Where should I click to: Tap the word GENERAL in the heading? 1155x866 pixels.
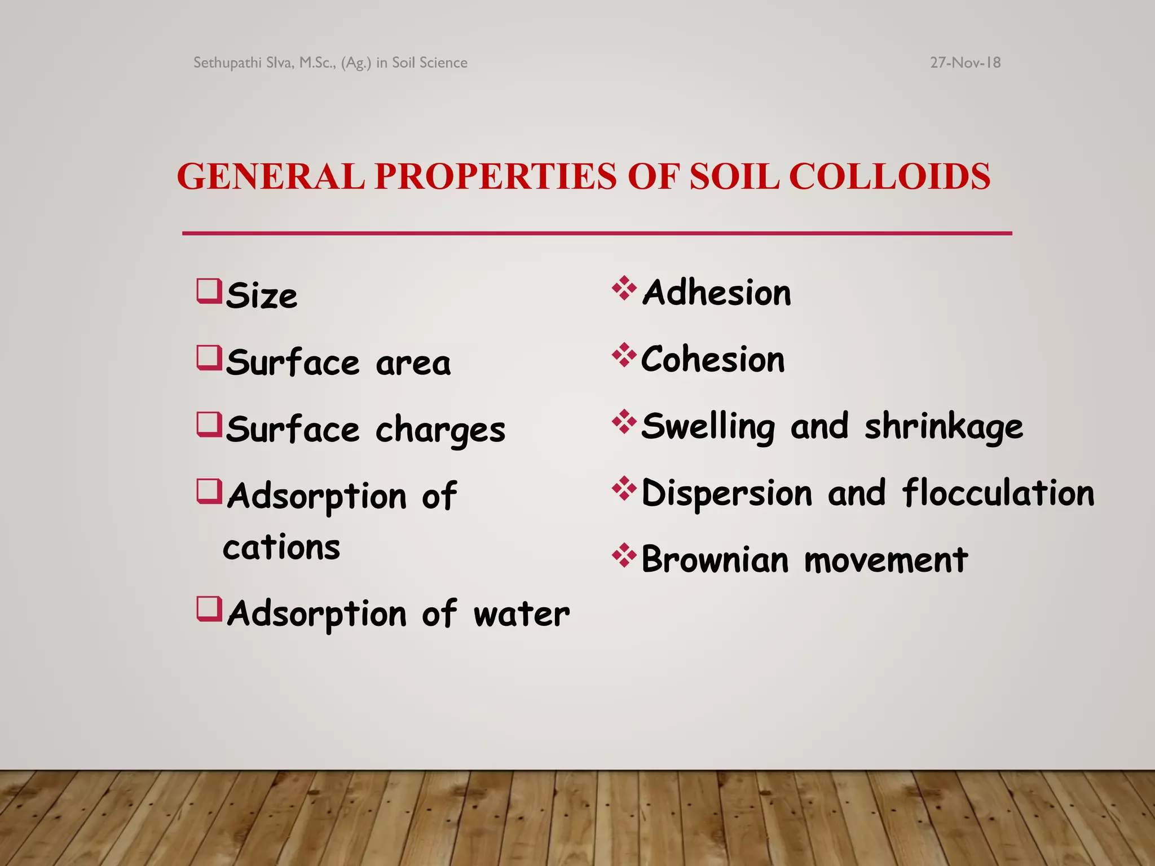click(x=271, y=176)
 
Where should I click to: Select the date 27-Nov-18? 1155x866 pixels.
click(x=965, y=63)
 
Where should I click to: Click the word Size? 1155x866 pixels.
click(x=262, y=295)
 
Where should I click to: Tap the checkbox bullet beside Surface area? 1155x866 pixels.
click(x=209, y=359)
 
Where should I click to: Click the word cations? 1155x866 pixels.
click(x=281, y=547)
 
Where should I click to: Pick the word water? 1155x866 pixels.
click(x=522, y=614)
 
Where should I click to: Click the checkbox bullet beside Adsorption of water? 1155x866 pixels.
click(x=209, y=609)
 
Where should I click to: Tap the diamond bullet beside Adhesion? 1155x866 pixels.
click(x=624, y=288)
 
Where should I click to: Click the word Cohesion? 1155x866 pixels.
click(x=713, y=360)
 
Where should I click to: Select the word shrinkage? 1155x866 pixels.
click(x=944, y=427)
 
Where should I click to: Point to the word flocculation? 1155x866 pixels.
click(x=998, y=493)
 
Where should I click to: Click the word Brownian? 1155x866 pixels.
click(x=715, y=560)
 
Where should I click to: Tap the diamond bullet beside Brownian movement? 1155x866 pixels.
click(x=624, y=555)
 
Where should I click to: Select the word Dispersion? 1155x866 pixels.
click(x=727, y=493)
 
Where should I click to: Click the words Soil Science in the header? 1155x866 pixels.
click(x=430, y=63)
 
